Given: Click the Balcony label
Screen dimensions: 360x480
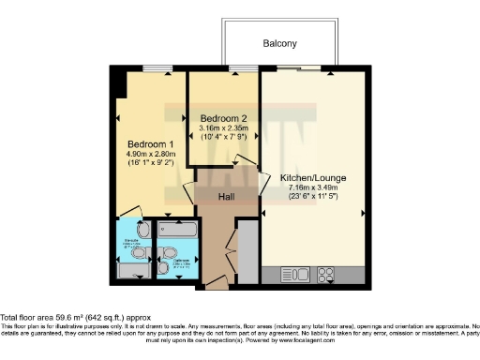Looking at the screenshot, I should [279, 43].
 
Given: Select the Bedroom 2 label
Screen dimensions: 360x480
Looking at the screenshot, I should [222, 117].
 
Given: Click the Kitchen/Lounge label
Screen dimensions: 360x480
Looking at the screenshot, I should [303, 177].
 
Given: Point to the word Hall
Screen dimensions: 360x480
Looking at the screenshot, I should [227, 198].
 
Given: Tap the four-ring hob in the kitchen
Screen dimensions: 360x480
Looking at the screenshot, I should [329, 275].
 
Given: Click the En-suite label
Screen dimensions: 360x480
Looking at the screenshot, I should [133, 246].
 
